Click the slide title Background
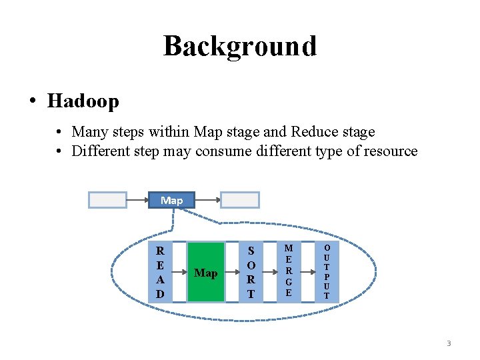pyautogui.click(x=240, y=46)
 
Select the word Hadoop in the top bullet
pyautogui.click(x=83, y=101)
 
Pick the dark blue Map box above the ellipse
pyautogui.click(x=171, y=200)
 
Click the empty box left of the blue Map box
pyautogui.click(x=108, y=200)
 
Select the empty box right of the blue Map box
pyautogui.click(x=240, y=200)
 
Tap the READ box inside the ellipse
pyautogui.click(x=160, y=273)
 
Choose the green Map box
pyautogui.click(x=205, y=273)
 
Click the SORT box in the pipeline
pyautogui.click(x=251, y=273)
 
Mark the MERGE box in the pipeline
pyautogui.click(x=288, y=273)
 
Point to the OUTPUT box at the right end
pyautogui.click(x=327, y=273)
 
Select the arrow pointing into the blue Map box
pyautogui.click(x=137, y=200)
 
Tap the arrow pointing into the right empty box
pyautogui.click(x=208, y=200)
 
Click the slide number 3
pyautogui.click(x=449, y=343)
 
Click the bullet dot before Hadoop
pyautogui.click(x=32, y=102)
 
